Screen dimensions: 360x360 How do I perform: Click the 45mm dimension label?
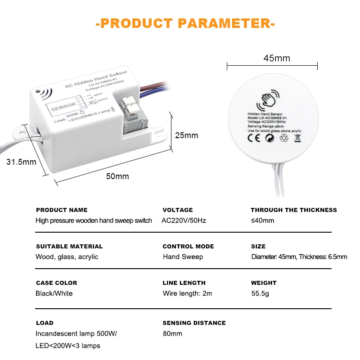(x=276, y=58)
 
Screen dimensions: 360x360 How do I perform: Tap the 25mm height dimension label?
(x=186, y=135)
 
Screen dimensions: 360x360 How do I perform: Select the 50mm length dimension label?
(x=117, y=176)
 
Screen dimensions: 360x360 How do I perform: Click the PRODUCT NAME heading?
(x=62, y=210)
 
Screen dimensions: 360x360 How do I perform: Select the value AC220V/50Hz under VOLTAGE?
(x=184, y=220)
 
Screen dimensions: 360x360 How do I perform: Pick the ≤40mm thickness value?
(x=262, y=220)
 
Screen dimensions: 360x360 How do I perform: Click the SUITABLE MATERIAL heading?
(x=69, y=246)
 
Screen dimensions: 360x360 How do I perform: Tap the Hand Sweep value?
(x=183, y=257)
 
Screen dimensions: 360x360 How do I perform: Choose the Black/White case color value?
(x=54, y=293)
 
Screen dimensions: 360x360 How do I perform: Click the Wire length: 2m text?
(x=187, y=293)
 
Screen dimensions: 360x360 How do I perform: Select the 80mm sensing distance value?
(x=172, y=333)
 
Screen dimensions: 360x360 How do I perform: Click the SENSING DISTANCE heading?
(x=194, y=323)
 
